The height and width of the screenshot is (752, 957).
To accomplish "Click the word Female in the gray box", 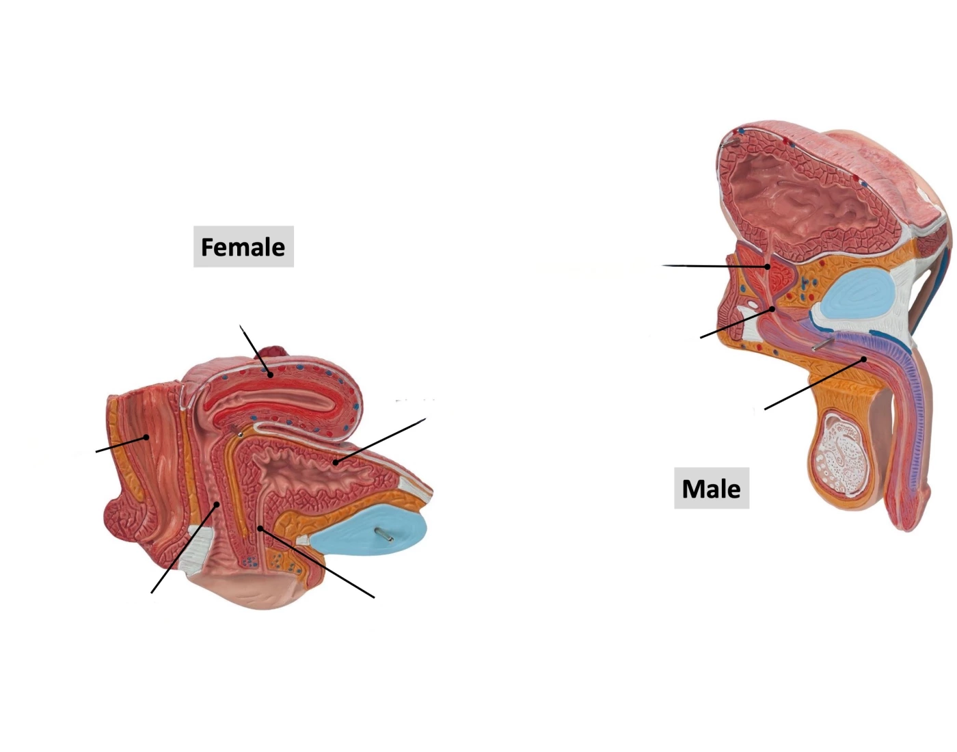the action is click(243, 247).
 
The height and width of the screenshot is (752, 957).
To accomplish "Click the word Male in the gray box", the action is click(711, 489).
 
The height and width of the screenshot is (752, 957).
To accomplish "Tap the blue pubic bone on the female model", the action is click(370, 529).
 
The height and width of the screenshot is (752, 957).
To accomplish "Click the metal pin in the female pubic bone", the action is click(383, 534).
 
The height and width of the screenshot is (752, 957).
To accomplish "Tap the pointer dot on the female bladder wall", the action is click(335, 463).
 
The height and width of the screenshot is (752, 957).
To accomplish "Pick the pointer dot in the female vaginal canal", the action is click(216, 504).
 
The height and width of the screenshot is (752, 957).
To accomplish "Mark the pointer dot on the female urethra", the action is click(260, 528).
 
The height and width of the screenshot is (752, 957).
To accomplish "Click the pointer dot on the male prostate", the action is click(767, 267).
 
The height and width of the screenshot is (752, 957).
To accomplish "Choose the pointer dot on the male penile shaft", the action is click(863, 360).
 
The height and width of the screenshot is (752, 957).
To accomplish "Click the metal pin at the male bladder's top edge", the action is click(729, 142).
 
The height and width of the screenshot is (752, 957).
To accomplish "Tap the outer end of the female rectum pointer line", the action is click(96, 452).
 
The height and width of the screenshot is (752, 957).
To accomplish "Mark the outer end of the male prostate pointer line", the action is click(663, 265).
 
